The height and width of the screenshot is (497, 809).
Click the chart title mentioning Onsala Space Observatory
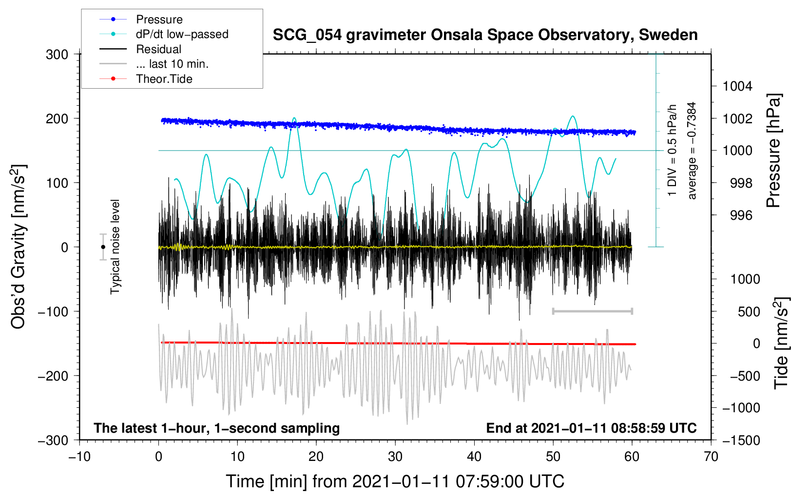(x=485, y=35)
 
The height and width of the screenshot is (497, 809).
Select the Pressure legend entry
(x=159, y=19)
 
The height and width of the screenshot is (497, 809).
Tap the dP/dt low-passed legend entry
(x=182, y=34)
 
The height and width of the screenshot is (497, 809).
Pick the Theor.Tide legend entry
(x=164, y=79)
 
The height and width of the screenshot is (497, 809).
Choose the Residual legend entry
(x=158, y=49)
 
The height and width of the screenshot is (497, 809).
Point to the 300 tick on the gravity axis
(x=57, y=55)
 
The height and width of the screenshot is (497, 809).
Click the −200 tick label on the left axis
(x=53, y=376)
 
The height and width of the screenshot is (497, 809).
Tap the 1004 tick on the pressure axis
(x=737, y=87)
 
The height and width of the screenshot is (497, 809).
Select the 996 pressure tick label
(x=741, y=215)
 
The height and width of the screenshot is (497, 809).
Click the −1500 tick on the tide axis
(x=741, y=440)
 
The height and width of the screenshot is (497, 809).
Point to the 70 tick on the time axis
(x=711, y=457)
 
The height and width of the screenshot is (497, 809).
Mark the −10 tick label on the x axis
(x=79, y=457)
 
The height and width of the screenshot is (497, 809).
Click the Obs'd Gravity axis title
(x=19, y=247)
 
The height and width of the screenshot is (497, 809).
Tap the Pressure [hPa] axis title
(x=773, y=151)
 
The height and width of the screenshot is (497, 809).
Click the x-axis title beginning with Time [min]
(x=395, y=481)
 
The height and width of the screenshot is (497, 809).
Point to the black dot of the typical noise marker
(x=103, y=247)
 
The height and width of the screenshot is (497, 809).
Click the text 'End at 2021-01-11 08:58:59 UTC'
(x=591, y=428)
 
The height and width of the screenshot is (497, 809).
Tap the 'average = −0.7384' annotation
(x=692, y=151)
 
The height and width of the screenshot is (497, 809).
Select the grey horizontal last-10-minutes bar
(x=592, y=311)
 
